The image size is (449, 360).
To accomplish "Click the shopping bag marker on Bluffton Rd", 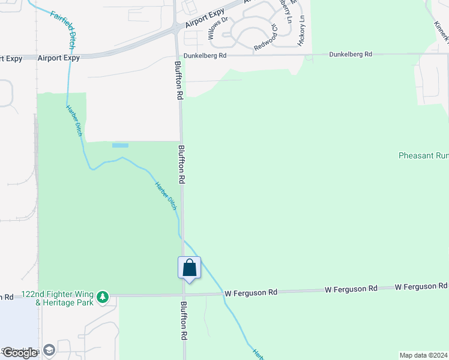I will tap(189, 268).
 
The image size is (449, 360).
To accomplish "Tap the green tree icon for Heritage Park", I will tap(103, 296).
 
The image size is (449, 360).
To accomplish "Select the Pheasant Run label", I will tap(423, 155).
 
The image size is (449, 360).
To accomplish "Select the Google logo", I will tap(20, 353).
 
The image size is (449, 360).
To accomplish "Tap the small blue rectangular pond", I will tap(120, 145).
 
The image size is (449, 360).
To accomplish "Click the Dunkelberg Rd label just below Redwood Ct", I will tap(205, 55).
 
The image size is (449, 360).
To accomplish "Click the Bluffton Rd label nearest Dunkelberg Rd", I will tap(178, 79).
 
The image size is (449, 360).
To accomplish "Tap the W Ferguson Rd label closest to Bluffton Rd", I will tap(251, 293).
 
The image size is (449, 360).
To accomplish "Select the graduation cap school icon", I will tap(49, 350).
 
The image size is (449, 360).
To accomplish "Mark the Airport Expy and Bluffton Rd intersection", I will tap(175, 28).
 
